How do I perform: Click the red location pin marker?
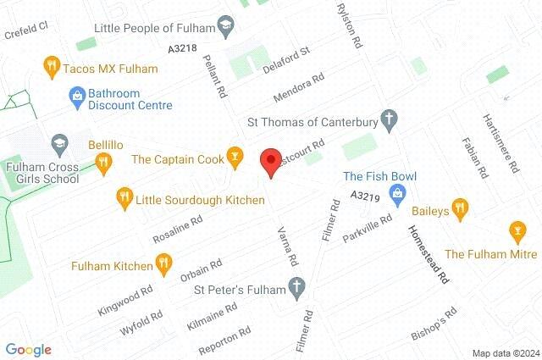coord(270,161)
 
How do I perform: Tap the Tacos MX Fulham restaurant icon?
coord(51,64)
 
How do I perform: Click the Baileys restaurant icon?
coord(460,207)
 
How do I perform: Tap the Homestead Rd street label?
coord(429,254)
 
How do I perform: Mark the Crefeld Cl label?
coord(25,26)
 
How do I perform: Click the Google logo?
coord(29,349)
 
